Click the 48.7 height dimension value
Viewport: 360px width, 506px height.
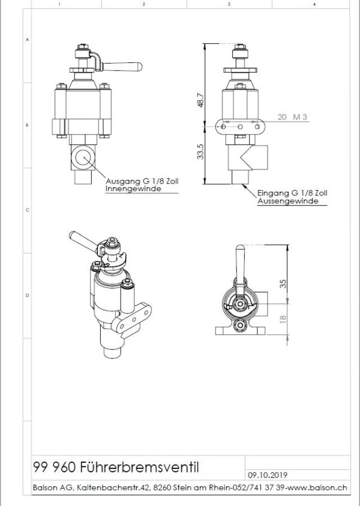click(200, 100)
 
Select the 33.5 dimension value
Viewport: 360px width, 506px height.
click(200, 152)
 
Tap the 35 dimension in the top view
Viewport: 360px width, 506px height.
click(283, 284)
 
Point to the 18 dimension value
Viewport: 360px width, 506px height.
click(283, 319)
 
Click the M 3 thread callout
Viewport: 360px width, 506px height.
click(300, 117)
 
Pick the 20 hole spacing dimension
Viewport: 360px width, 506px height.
click(282, 117)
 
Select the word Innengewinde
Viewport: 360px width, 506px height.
click(133, 188)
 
